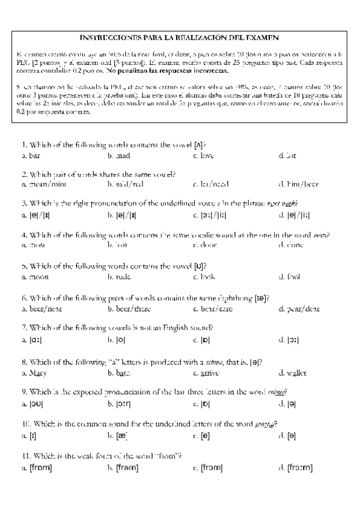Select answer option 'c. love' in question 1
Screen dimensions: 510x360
point(203,156)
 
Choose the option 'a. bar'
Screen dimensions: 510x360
point(30,156)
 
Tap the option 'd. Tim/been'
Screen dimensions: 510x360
point(298,184)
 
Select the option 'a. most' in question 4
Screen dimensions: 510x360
point(33,245)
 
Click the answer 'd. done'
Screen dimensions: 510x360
point(291,245)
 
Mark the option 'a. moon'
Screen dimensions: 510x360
point(34,277)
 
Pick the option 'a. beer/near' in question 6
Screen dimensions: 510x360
point(41,309)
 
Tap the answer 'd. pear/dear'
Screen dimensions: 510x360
point(299,309)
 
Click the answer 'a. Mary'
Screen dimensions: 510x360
point(34,373)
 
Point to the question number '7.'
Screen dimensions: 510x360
point(24,328)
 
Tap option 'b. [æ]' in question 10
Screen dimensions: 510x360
point(118,435)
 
